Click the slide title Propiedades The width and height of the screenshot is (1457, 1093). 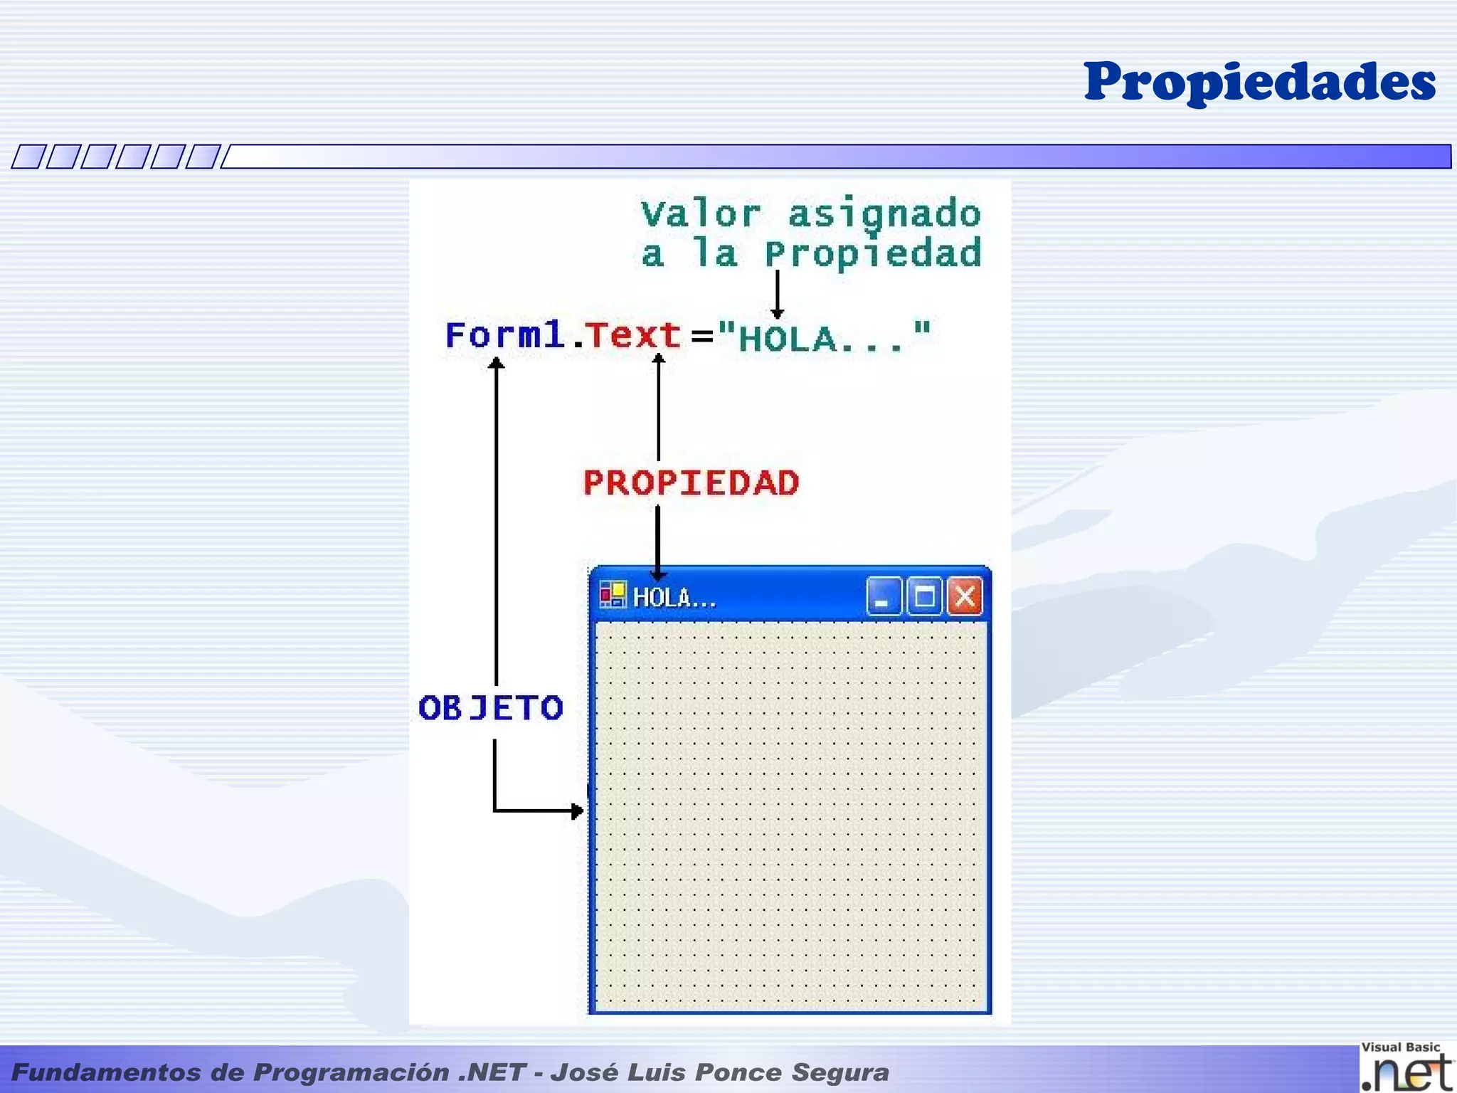[1259, 83]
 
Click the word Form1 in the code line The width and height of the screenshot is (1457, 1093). [504, 335]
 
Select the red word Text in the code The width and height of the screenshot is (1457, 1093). [632, 335]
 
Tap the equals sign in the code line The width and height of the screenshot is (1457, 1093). [702, 336]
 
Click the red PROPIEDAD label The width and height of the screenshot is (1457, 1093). [691, 483]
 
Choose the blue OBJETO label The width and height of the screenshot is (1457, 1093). [491, 708]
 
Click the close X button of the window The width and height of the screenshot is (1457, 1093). [965, 596]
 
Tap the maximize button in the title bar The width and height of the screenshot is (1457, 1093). [924, 596]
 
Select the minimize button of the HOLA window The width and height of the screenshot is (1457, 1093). [883, 596]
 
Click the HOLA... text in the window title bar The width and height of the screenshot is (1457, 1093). [674, 598]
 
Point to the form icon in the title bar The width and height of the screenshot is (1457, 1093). [612, 595]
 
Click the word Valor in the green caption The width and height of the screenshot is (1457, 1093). [700, 214]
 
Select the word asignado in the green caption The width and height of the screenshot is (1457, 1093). [884, 214]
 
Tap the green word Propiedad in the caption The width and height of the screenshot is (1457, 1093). [873, 254]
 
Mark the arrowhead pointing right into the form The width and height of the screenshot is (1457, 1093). [577, 810]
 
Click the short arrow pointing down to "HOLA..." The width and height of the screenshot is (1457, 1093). [777, 295]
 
